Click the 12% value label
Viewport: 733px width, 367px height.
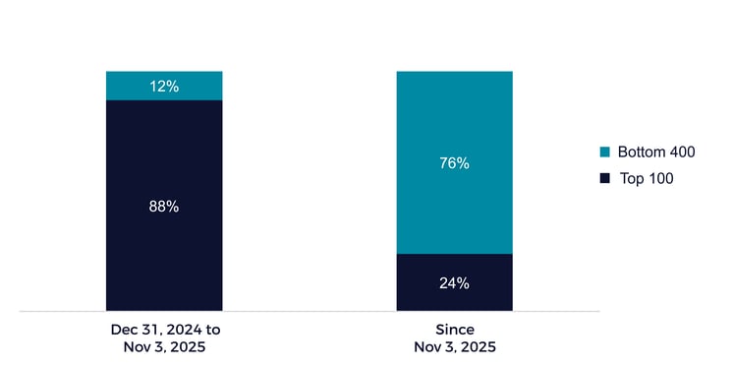click(164, 87)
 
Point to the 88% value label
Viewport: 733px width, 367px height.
click(164, 207)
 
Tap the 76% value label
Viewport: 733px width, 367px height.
click(455, 163)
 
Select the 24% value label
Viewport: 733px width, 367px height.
click(455, 283)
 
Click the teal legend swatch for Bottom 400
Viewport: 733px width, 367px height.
click(604, 153)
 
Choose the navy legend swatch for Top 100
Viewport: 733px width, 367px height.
click(604, 178)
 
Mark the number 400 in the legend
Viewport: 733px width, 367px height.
click(683, 153)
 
